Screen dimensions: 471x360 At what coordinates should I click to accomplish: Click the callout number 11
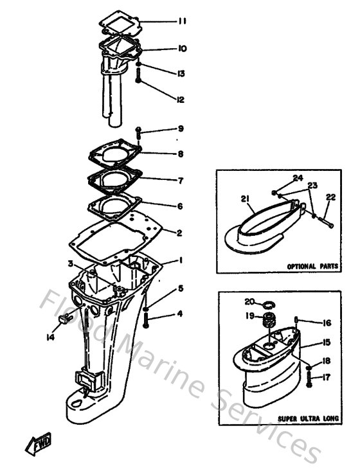182,21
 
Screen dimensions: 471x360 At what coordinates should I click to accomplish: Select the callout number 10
182,48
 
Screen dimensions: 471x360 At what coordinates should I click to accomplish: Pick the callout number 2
180,232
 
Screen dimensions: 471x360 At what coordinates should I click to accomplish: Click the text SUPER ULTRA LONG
305,418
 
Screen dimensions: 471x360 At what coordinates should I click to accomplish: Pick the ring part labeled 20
269,302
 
